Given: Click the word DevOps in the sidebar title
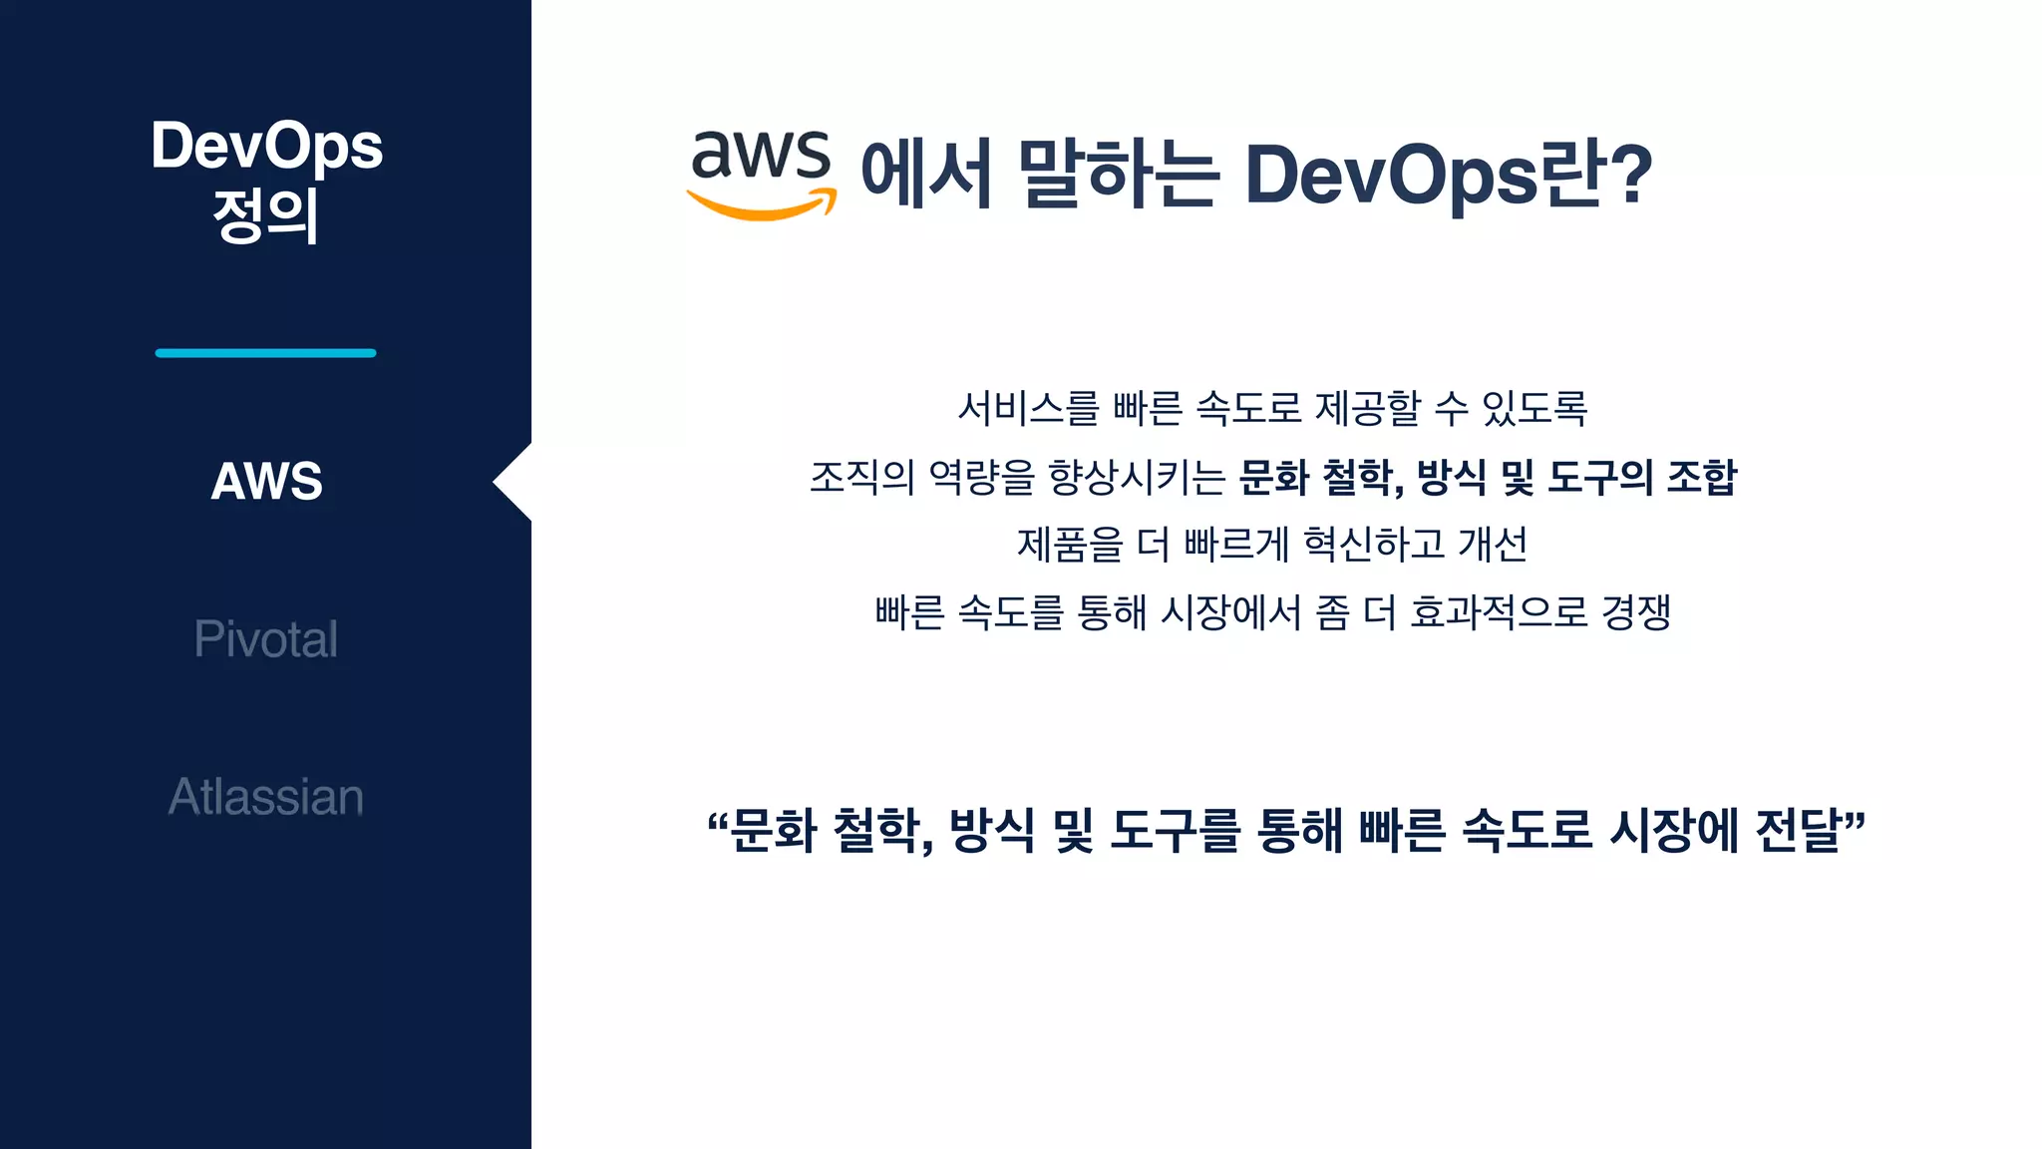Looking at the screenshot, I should click(x=266, y=146).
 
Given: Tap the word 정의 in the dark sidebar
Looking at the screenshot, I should click(x=265, y=215).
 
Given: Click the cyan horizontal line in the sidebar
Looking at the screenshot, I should click(x=265, y=353).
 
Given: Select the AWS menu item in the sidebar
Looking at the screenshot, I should click(x=266, y=481).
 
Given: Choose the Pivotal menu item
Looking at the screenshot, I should click(x=265, y=639).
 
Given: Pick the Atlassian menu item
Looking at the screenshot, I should click(x=265, y=797).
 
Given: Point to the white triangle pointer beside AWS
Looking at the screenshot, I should click(x=514, y=482).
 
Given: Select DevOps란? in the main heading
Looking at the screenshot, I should click(x=1448, y=174).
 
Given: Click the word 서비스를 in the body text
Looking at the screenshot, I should click(x=1028, y=408).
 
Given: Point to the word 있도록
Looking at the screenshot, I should click(x=1534, y=408).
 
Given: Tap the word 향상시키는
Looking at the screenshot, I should click(x=1137, y=477).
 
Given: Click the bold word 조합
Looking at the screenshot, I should click(x=1702, y=477).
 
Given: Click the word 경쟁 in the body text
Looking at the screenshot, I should click(x=1636, y=611).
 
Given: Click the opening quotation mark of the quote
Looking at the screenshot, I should click(x=717, y=824).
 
